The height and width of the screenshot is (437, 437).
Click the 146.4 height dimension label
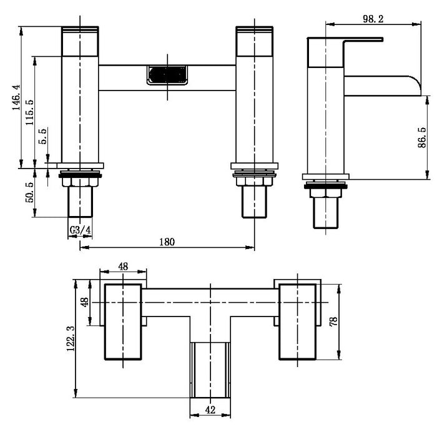click(x=16, y=97)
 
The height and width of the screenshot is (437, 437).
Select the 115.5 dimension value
click(x=30, y=112)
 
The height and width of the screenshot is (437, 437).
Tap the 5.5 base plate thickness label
click(x=42, y=136)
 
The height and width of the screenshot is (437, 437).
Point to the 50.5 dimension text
click(x=29, y=192)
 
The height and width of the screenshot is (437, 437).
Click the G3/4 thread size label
click(x=80, y=230)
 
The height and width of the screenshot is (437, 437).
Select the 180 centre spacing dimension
click(x=167, y=242)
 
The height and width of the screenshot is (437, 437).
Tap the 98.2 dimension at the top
click(x=373, y=19)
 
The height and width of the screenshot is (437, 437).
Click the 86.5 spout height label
click(x=422, y=137)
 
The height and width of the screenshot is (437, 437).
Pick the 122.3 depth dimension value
click(x=71, y=338)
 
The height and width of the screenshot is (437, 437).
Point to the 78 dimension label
click(x=333, y=322)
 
